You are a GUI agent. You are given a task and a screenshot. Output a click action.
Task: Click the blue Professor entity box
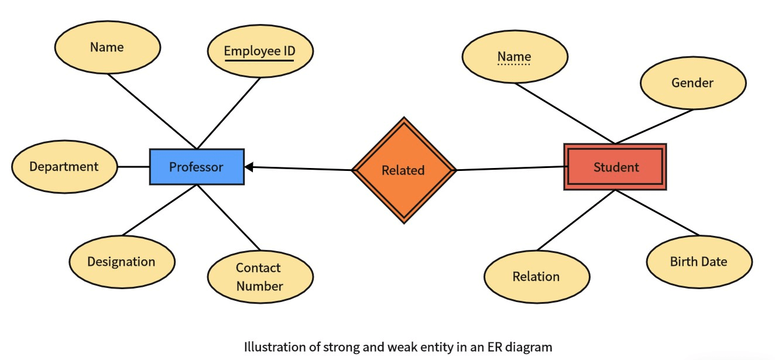point(197,167)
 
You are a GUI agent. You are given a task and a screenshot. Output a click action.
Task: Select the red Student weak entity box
point(615,167)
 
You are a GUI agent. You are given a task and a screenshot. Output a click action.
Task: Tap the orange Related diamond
point(403,170)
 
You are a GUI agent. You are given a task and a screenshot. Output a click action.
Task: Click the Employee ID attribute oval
point(260,50)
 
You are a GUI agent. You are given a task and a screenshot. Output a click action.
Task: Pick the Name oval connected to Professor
point(107,47)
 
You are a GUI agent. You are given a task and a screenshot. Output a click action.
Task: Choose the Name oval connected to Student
point(515,56)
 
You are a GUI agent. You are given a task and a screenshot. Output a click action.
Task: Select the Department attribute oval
point(64,166)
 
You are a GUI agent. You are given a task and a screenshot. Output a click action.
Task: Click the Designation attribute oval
point(121,261)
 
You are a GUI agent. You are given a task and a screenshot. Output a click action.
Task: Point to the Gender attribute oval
point(692,83)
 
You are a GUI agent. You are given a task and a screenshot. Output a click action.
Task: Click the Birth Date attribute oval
point(699,261)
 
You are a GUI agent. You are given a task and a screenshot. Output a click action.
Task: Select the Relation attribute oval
point(536,276)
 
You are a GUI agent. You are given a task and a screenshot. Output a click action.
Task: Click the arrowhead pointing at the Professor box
point(249,167)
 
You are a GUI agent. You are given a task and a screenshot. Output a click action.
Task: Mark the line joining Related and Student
point(509,169)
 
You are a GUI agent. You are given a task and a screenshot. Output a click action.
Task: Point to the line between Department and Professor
point(133,167)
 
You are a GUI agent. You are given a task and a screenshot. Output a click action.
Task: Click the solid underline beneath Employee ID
point(259,60)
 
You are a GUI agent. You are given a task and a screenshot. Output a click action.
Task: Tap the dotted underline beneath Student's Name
point(514,64)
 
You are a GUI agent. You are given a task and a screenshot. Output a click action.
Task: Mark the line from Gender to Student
point(654,126)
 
